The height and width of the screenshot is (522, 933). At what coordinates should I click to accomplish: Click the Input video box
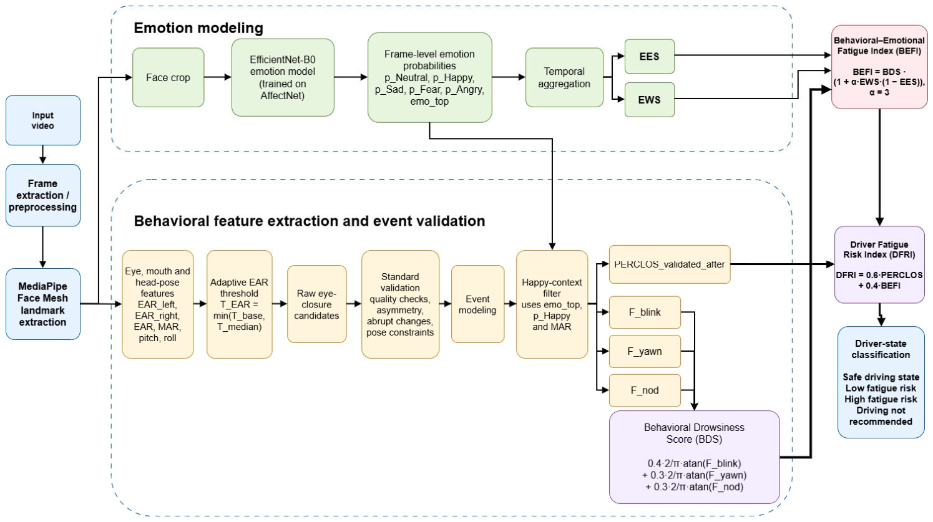[43, 120]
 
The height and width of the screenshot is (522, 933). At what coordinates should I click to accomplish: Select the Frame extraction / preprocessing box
[43, 195]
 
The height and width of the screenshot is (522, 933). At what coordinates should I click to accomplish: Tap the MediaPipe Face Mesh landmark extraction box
[43, 304]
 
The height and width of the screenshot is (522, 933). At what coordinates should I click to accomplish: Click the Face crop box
[169, 77]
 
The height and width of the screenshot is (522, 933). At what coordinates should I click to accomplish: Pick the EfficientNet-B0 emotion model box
[283, 77]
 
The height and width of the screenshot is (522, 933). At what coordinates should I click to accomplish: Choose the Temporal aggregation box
[564, 77]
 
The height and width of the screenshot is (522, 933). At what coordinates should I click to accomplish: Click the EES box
[649, 56]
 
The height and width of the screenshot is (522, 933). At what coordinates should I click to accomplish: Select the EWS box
[649, 100]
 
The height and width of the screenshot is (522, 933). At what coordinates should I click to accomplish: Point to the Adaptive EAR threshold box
[240, 304]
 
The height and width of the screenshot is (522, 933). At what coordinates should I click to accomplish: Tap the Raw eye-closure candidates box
[317, 304]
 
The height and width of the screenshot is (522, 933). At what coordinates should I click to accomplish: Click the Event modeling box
[478, 304]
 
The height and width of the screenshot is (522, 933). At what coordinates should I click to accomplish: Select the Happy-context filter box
[552, 304]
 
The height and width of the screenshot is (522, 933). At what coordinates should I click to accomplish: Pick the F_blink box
[645, 312]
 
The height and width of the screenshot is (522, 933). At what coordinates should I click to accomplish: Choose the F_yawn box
[645, 351]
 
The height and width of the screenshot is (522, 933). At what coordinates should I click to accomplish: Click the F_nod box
[645, 390]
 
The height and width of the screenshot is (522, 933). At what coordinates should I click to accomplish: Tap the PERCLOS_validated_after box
[670, 264]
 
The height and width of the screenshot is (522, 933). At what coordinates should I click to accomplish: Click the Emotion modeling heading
[198, 28]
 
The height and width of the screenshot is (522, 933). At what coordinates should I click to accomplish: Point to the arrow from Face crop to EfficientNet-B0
[218, 77]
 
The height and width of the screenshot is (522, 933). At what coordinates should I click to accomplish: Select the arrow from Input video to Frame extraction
[42, 155]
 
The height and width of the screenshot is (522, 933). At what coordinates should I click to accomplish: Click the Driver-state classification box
[881, 382]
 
